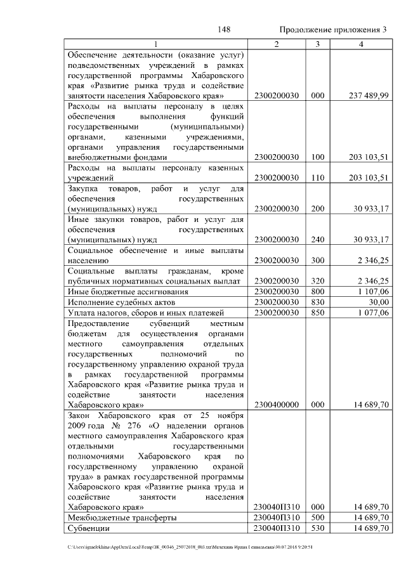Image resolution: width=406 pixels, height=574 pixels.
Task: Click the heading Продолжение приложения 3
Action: (332, 30)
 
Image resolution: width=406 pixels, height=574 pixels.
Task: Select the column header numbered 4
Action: (361, 44)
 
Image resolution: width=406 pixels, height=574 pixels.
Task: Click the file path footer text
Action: (190, 547)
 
